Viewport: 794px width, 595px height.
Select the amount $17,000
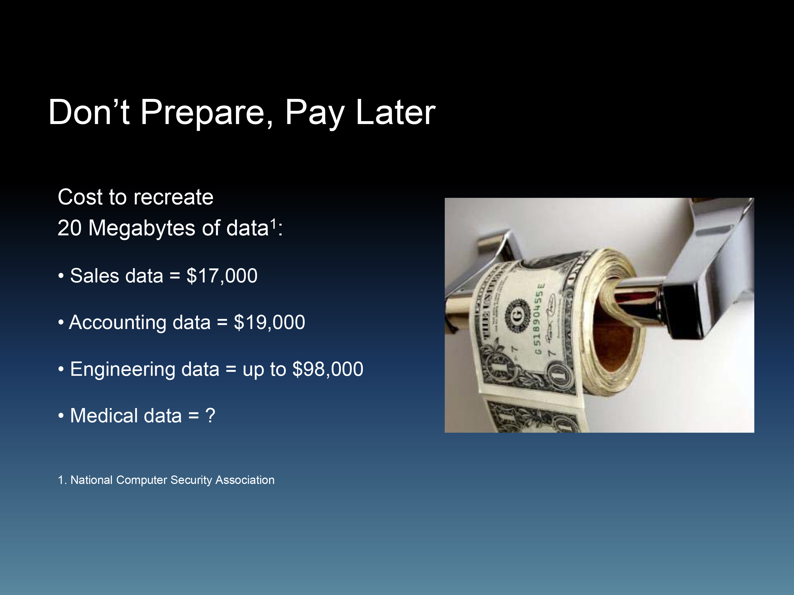pos(222,276)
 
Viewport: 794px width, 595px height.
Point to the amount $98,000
pos(328,369)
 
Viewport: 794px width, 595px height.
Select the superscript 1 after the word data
pos(273,223)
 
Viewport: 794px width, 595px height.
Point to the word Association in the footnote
pos(245,480)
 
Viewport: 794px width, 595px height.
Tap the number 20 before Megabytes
pos(70,228)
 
